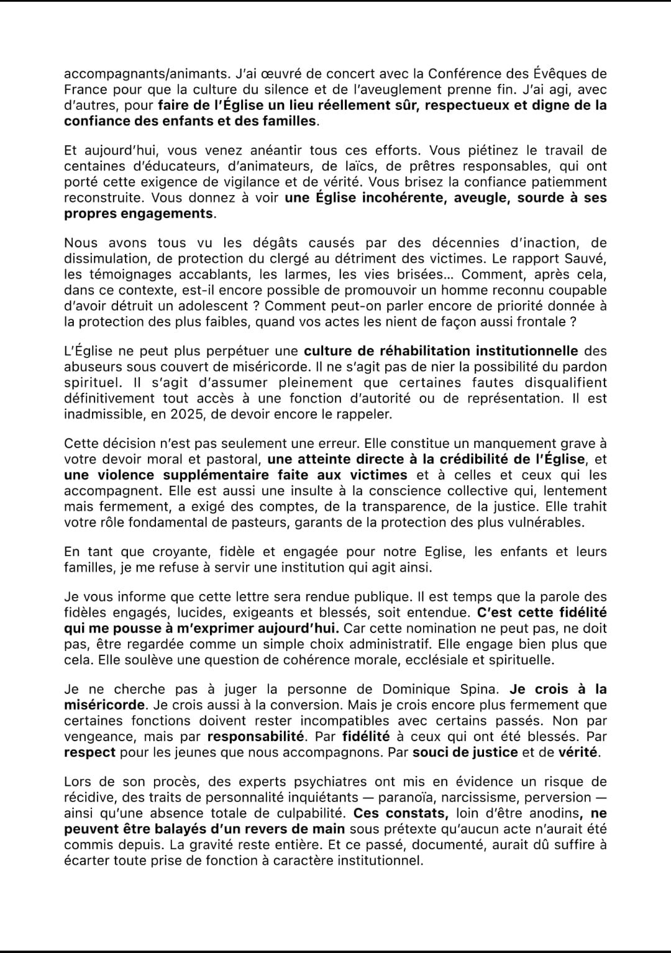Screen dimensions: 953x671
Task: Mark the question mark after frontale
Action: [572, 321]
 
